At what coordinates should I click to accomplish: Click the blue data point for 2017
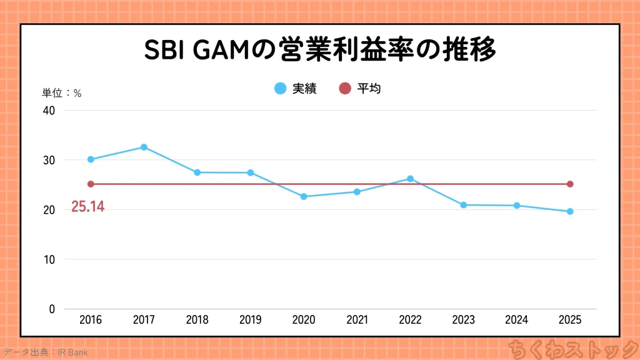144,147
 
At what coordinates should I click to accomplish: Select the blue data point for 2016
91,159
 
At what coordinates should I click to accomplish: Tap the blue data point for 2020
304,196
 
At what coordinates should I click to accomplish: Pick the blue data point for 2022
410,179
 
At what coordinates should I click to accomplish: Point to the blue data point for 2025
570,211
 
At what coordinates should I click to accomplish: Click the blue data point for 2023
463,205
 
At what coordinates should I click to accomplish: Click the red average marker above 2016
91,184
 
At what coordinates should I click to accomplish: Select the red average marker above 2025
570,184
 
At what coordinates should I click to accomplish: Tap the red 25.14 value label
87,207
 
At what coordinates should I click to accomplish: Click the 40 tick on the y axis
49,111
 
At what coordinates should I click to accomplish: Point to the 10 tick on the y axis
49,259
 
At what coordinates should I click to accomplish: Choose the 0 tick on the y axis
51,309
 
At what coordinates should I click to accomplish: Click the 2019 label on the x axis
251,320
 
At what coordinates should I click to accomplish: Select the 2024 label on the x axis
517,320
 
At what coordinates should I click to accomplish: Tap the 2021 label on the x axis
357,320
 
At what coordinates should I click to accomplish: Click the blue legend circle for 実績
281,89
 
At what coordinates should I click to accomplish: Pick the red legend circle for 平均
345,89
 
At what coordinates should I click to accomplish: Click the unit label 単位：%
62,93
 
